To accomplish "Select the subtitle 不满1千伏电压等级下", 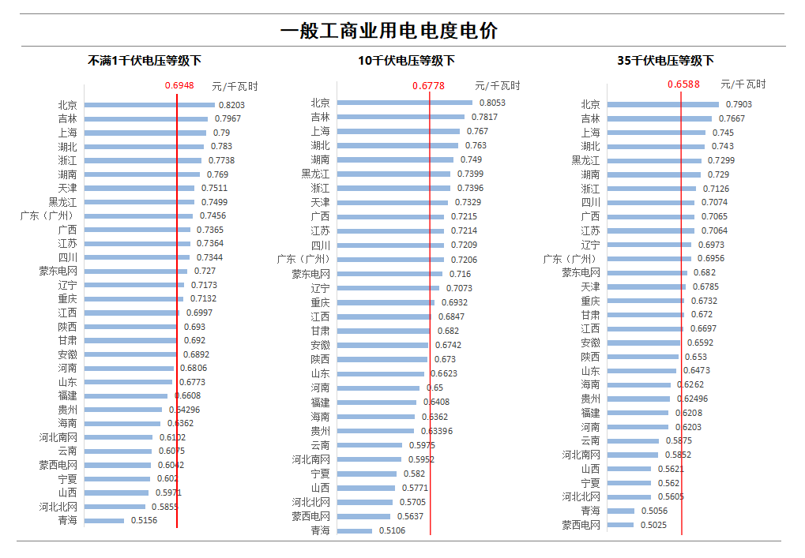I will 145,61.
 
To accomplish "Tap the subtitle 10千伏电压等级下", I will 406,61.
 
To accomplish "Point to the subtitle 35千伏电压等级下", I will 665,61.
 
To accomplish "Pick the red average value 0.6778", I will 428,85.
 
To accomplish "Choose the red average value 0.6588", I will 683,84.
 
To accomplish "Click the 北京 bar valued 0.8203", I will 149,105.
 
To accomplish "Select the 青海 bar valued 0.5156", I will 104,521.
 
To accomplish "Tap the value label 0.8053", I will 492,103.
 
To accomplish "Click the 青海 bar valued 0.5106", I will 355,531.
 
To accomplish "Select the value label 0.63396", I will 437,431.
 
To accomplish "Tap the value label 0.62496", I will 692,399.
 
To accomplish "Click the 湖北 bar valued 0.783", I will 144,147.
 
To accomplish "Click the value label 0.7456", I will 213,215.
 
